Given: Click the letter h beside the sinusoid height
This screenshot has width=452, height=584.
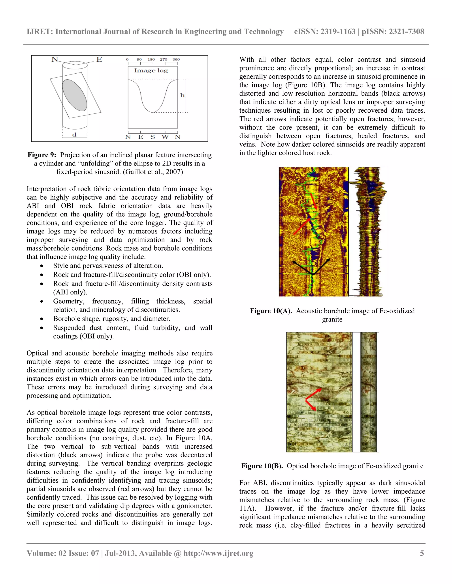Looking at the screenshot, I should pos(182,95).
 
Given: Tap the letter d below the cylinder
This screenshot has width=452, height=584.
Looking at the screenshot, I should pos(74,135).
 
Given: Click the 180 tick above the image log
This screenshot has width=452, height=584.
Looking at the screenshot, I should pos(151,59).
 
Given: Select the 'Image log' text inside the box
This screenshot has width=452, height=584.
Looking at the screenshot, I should pos(151,71).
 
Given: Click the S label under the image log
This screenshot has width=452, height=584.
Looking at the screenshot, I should pos(153,137).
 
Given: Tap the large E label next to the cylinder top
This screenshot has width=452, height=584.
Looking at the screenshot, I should pos(99,59).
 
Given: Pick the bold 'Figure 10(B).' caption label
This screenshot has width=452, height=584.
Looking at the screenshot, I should pos(262,466).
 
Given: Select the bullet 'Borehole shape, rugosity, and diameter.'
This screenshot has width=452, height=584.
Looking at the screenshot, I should pos(112,318).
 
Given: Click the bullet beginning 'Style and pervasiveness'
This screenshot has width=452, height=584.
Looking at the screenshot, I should pos(108,266).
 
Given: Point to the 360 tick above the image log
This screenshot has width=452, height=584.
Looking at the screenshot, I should pos(176,59).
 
